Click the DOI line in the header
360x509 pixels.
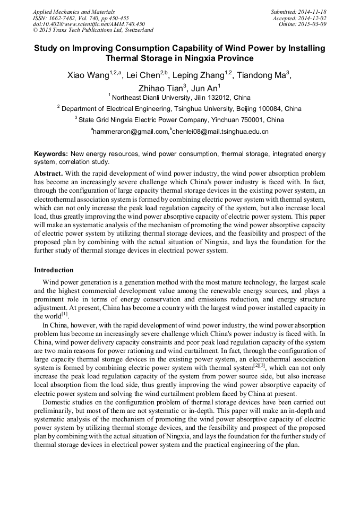tap(89, 24)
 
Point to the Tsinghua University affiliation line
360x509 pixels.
tap(179, 109)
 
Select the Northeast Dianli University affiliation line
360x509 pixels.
tap(179, 98)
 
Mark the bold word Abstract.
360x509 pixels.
tap(48, 174)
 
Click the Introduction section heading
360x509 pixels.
tap(54, 270)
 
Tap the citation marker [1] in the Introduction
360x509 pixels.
tap(65, 314)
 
